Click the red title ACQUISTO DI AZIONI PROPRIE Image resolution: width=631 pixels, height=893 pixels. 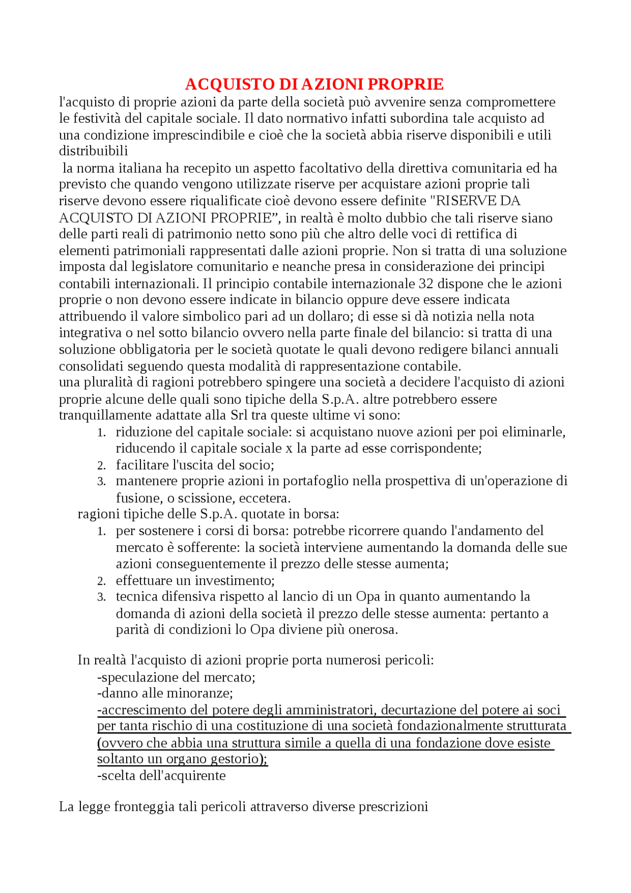314,84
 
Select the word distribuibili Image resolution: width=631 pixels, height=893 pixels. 93,151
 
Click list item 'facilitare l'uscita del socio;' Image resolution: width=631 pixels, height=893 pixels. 195,464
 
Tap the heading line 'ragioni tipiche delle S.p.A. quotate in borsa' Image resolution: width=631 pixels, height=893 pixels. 208,514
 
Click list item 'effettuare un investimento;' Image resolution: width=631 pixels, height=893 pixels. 195,580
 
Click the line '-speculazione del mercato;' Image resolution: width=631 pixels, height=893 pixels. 176,677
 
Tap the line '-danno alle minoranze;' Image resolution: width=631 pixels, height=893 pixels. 165,693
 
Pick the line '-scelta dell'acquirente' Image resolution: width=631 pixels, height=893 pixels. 161,776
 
